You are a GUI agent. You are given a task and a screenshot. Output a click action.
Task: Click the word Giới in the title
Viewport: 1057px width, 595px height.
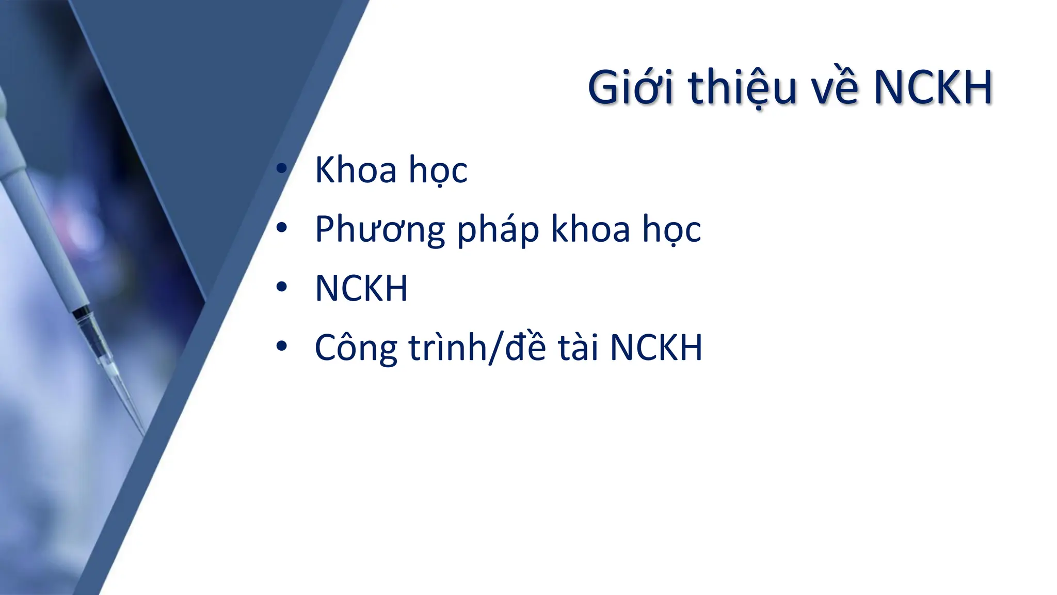pyautogui.click(x=631, y=88)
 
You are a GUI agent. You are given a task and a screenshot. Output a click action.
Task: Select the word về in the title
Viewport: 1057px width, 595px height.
pyautogui.click(x=834, y=88)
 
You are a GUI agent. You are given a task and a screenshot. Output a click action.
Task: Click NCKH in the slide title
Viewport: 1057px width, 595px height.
pyautogui.click(x=934, y=88)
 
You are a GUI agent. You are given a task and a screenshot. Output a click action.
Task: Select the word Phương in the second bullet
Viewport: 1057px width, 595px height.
pyautogui.click(x=379, y=230)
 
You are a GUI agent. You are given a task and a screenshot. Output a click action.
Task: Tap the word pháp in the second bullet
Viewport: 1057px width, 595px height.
pyautogui.click(x=498, y=230)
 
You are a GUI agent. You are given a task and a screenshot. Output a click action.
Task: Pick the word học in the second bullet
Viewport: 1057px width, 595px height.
pyautogui.click(x=671, y=230)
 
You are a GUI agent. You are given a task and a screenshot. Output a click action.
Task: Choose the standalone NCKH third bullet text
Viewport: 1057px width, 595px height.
pyautogui.click(x=361, y=288)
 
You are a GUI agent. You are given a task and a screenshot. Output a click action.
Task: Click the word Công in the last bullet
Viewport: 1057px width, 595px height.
pyautogui.click(x=356, y=348)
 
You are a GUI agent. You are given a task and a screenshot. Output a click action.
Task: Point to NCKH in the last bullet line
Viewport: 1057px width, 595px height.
pyautogui.click(x=656, y=347)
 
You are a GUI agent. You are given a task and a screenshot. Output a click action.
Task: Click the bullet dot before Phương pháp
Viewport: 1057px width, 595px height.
pyautogui.click(x=281, y=228)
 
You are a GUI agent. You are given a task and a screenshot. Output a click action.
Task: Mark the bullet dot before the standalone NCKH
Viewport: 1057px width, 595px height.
pyautogui.click(x=281, y=287)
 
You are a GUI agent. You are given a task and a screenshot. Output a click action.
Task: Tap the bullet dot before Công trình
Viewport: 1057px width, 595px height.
pyautogui.click(x=281, y=347)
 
